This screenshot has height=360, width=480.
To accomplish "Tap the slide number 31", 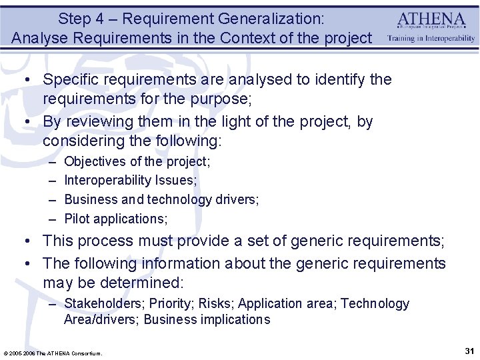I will (x=468, y=351).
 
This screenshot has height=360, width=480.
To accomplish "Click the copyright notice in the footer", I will (x=53, y=353).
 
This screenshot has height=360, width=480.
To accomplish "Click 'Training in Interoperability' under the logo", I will (x=431, y=39).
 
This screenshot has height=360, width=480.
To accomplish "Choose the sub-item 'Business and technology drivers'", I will (x=161, y=199).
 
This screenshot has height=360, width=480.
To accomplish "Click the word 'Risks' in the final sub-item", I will (x=213, y=304).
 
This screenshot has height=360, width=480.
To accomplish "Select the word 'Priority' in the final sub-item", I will (x=169, y=304).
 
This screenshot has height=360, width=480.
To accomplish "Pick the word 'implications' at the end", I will (x=233, y=319).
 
